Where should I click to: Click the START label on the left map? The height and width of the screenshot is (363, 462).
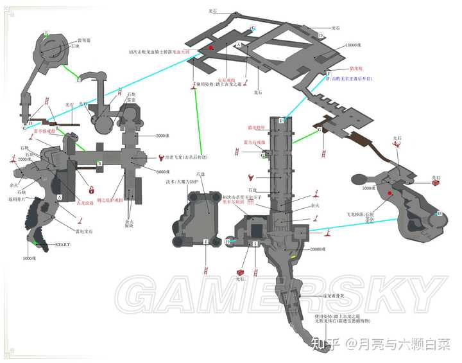[x=62, y=245]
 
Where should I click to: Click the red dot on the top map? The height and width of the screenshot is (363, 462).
[x=210, y=48]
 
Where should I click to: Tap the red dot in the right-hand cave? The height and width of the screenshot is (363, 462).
[x=389, y=192]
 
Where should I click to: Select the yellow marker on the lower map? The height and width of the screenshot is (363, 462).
[x=294, y=257]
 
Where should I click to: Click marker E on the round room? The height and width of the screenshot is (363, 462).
[x=46, y=33]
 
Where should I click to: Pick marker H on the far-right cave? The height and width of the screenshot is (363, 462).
[x=440, y=213]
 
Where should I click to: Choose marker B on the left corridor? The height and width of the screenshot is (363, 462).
[x=99, y=164]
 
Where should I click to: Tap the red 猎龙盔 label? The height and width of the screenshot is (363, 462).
[x=356, y=68]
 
